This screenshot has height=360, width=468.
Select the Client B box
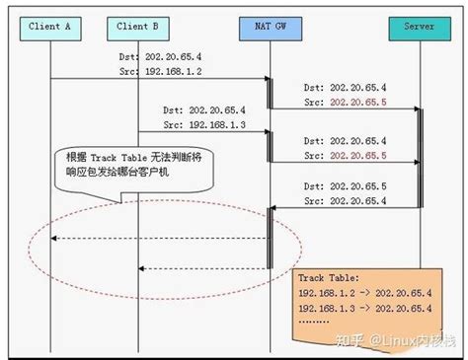(138, 28)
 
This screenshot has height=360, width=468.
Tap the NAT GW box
(269, 28)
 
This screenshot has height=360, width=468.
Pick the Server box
(419, 28)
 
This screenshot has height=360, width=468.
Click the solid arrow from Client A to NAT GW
(158, 79)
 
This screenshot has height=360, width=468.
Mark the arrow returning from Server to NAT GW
(345, 208)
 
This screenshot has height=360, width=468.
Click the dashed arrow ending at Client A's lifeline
(158, 238)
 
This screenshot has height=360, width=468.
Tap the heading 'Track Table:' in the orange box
(329, 279)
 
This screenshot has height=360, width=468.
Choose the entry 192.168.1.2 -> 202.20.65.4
(363, 293)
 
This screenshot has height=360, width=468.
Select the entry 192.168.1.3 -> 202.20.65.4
(363, 308)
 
